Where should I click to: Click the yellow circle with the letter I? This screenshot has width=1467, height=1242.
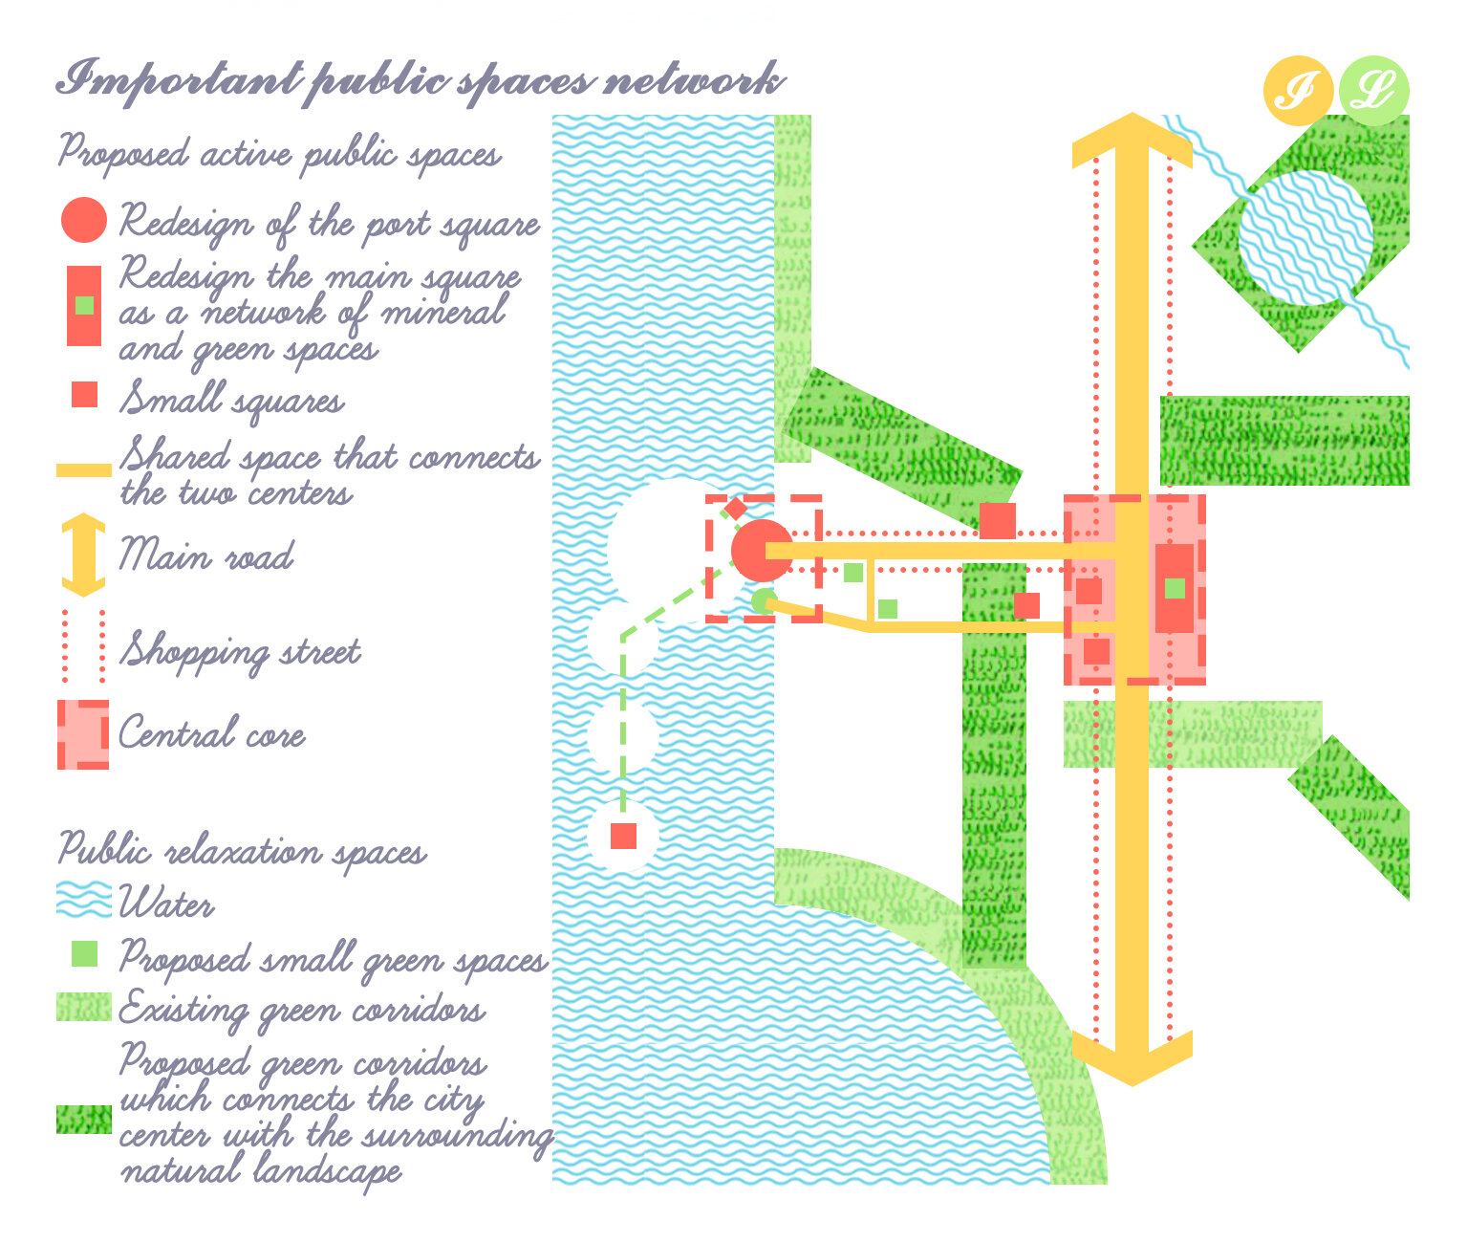[1298, 92]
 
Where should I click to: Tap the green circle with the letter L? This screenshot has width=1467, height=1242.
[1373, 92]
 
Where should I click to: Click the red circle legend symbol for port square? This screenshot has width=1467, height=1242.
[83, 220]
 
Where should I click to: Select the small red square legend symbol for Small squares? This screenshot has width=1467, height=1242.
[84, 394]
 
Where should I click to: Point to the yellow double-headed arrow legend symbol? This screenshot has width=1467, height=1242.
[83, 556]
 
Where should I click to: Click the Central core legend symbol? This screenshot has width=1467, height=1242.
[83, 734]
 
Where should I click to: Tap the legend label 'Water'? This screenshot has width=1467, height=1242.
[166, 903]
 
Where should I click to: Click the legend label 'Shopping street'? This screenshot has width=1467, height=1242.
[240, 652]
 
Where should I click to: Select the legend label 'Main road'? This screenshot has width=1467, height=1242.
[206, 556]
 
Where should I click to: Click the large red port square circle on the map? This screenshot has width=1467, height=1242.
[761, 551]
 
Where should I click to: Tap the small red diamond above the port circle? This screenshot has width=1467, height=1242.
[735, 508]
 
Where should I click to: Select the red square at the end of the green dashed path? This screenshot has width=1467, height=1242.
[623, 836]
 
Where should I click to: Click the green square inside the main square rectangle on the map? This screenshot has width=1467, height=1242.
[1175, 588]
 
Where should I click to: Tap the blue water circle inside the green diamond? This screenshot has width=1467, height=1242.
[1305, 237]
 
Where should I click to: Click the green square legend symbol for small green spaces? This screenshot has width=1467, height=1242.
[84, 953]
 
